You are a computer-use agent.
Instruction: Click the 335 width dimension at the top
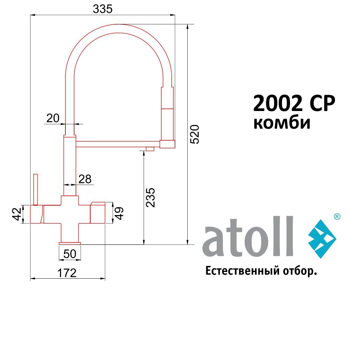pyautogui.click(x=103, y=10)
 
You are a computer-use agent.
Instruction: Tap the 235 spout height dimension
pyautogui.click(x=151, y=198)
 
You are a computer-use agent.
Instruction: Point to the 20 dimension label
pyautogui.click(x=53, y=118)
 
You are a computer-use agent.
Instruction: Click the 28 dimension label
pyautogui.click(x=85, y=179)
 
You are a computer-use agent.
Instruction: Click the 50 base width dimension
pyautogui.click(x=70, y=254)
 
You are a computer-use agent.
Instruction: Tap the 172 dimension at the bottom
pyautogui.click(x=67, y=273)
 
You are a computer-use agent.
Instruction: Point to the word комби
pyautogui.click(x=282, y=123)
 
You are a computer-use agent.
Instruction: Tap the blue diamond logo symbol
pyautogui.click(x=322, y=239)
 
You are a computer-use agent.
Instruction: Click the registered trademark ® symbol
pyautogui.click(x=337, y=217)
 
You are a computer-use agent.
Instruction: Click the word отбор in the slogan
pyautogui.click(x=299, y=271)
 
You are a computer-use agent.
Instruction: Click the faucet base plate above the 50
pyautogui.click(x=70, y=243)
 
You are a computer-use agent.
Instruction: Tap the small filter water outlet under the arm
pyautogui.click(x=150, y=149)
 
